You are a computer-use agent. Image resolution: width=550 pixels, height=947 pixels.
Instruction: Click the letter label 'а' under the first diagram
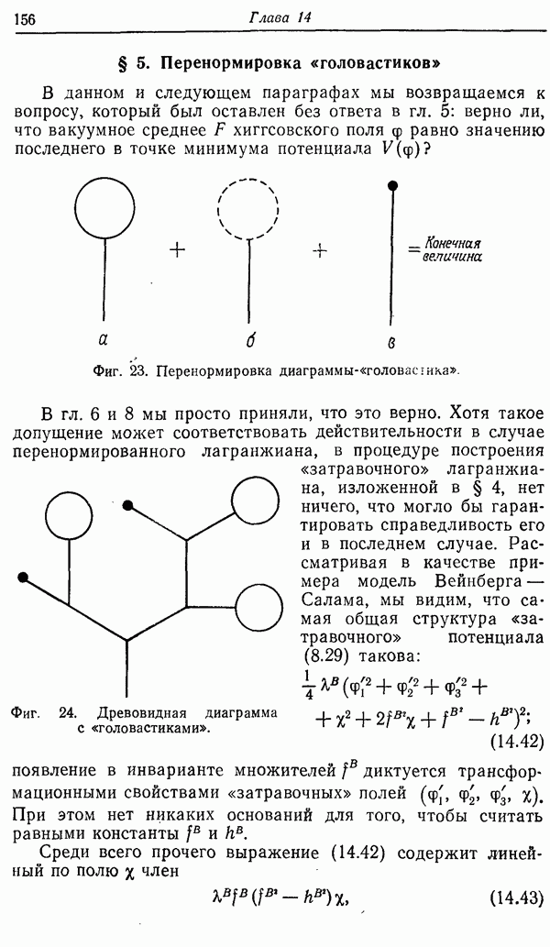pyautogui.click(x=103, y=341)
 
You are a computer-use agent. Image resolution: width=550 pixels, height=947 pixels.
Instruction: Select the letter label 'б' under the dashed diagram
pyautogui.click(x=248, y=341)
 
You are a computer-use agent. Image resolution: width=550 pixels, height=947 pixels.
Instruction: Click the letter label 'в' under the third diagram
pyautogui.click(x=392, y=343)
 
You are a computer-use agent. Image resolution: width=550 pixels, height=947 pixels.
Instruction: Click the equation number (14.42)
pyautogui.click(x=518, y=740)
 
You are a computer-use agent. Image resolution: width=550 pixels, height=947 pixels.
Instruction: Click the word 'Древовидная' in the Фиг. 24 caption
pyautogui.click(x=146, y=712)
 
